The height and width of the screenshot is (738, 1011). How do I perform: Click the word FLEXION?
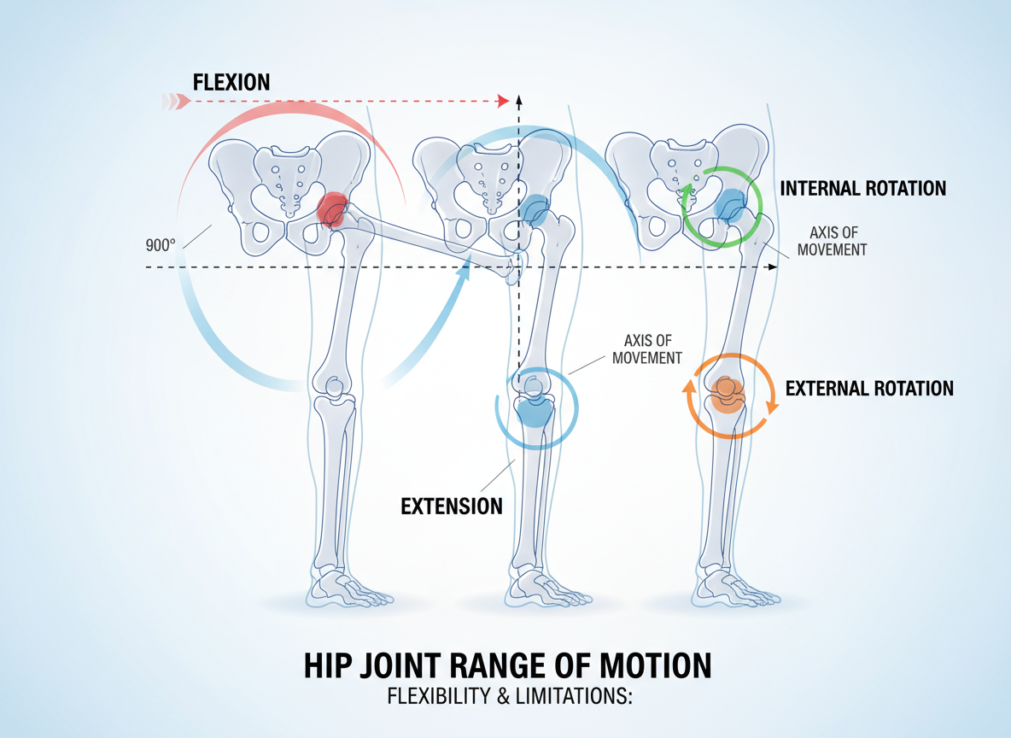click(231, 83)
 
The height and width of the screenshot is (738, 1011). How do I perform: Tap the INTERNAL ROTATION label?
click(863, 188)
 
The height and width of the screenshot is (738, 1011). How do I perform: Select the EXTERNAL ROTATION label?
click(869, 389)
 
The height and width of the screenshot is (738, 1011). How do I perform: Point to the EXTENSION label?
click(452, 506)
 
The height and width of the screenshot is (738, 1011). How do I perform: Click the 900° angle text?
click(161, 244)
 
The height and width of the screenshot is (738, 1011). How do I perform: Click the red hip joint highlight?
click(332, 208)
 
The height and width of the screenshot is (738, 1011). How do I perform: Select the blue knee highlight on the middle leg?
click(535, 409)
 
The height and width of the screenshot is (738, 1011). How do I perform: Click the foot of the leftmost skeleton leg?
click(346, 590)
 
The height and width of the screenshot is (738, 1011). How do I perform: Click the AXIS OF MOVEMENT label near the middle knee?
click(647, 350)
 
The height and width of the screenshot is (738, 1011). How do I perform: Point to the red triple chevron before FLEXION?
click(172, 102)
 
